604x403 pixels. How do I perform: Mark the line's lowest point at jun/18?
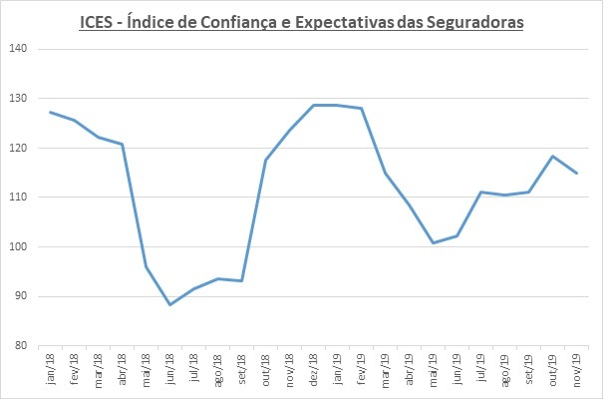click(169, 305)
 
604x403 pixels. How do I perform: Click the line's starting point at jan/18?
click(50, 112)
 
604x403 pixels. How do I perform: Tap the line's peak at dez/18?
click(314, 105)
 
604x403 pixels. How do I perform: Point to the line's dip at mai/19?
click(434, 242)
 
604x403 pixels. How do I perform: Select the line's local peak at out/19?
click(554, 156)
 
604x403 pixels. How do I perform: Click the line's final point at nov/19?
click(578, 174)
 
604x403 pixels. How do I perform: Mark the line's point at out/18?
click(266, 161)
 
